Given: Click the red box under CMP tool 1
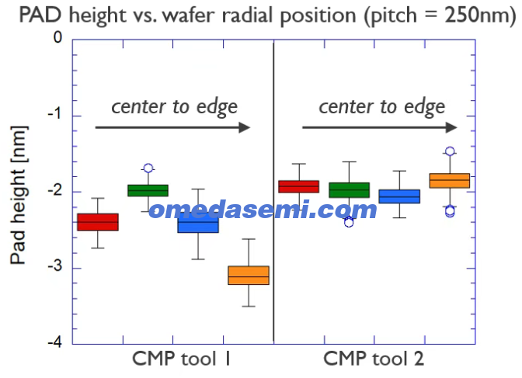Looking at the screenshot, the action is point(98,222).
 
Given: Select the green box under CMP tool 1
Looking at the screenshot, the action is point(148,190).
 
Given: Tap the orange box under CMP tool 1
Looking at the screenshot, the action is point(249,276).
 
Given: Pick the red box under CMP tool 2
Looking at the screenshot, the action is point(298,186).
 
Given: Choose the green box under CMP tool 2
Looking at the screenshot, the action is point(350,190).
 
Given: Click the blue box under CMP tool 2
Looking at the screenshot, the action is point(399,196).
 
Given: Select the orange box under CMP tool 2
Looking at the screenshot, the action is point(450,181).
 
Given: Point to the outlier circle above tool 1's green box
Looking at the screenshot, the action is point(148,168).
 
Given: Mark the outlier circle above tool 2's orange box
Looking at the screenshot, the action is point(450,151).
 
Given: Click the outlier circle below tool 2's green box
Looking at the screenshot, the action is point(349,222).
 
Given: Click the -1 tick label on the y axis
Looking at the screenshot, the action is point(55,114).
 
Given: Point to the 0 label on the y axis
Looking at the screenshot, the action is point(58,37).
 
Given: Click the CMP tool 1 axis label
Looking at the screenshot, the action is point(182,359).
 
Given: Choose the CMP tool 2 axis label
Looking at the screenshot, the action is point(374,359).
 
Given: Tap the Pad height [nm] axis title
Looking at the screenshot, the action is point(19,195).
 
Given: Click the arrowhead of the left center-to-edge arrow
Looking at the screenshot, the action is point(245,127).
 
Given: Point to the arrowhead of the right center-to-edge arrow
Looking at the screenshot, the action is point(452,127).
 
